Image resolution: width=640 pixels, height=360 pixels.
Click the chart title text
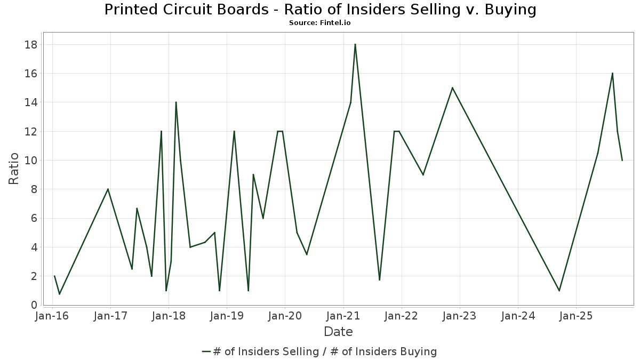(320, 10)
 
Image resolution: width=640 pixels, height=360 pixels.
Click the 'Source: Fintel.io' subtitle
(320, 23)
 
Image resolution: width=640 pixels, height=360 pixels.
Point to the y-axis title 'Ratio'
(14, 169)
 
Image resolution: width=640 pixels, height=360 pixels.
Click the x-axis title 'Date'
(338, 332)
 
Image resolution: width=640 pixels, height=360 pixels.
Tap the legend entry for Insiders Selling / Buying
(320, 351)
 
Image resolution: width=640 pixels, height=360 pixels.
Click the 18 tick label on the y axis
(31, 44)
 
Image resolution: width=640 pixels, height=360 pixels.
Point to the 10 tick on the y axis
(31, 160)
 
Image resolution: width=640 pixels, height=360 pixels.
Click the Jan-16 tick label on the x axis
(52, 316)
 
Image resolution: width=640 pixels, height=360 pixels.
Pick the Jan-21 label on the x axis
(343, 316)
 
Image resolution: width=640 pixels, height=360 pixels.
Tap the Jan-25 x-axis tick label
(576, 316)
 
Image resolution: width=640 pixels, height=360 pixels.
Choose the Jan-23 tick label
(460, 316)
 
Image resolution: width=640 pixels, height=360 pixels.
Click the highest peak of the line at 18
(355, 44)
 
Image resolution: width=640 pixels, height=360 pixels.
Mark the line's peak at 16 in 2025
(612, 73)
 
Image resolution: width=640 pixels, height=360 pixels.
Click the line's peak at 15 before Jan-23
(452, 87)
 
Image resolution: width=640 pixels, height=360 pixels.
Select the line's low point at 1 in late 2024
(559, 291)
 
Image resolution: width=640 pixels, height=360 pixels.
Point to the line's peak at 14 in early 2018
(176, 102)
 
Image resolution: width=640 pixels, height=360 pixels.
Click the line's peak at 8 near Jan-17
(108, 189)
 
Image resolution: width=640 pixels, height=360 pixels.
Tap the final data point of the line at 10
(622, 160)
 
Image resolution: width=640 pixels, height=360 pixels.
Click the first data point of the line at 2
(54, 276)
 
